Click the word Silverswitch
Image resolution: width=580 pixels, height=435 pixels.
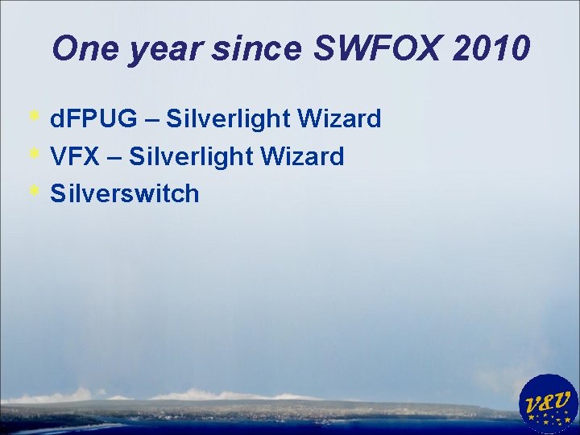click(x=124, y=193)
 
